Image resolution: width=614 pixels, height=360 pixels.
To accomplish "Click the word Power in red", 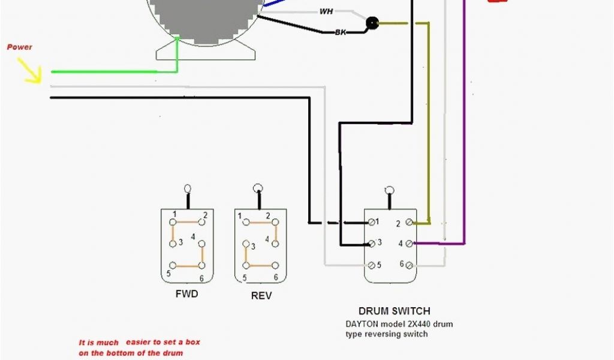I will [x=19, y=47].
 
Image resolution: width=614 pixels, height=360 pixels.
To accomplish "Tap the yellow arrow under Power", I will [x=30, y=71].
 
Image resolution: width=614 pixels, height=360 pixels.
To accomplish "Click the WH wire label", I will [x=326, y=11].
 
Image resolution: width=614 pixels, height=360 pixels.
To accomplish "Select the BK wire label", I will [x=341, y=32].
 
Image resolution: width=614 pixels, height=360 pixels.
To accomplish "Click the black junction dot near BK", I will [x=372, y=24].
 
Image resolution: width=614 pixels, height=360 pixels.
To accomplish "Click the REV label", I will [x=261, y=296].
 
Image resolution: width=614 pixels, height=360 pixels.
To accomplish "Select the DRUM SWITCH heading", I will [x=394, y=311].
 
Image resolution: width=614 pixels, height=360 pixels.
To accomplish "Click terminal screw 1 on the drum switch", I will [x=372, y=223].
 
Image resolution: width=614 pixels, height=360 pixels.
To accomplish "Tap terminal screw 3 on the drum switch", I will [x=372, y=243].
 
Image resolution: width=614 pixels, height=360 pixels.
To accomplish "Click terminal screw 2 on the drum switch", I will [x=409, y=223].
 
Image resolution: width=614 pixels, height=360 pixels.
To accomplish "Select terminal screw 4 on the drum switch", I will [x=409, y=244].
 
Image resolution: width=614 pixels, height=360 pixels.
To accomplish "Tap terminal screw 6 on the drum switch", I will [x=409, y=265].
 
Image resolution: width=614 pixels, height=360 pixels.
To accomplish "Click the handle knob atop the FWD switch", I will [x=188, y=188].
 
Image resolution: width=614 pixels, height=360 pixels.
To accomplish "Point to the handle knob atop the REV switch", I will [x=258, y=188].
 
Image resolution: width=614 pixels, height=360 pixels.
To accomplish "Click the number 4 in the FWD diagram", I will [x=193, y=237].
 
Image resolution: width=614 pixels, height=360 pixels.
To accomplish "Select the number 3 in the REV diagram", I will [x=253, y=247].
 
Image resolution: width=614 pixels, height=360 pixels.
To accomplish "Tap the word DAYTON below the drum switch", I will [x=362, y=324].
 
